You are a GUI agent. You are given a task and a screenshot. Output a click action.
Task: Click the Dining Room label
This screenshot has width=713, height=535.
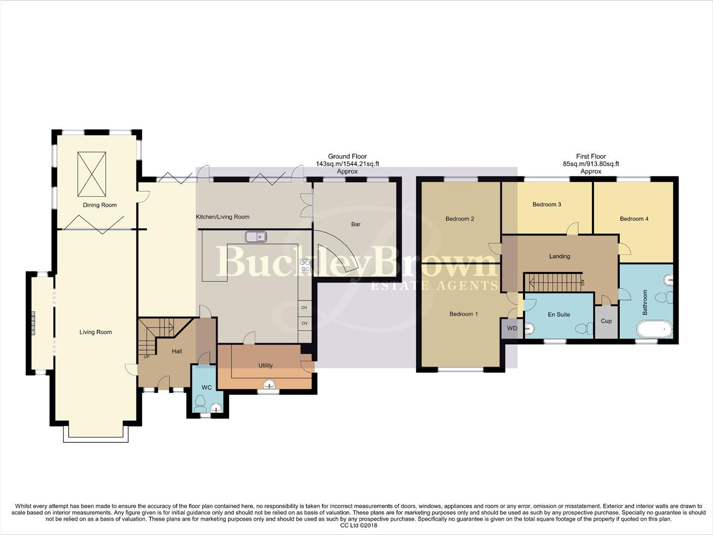pos(99,205)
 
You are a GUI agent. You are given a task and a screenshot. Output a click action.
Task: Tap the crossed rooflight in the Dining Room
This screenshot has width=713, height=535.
pos(92,174)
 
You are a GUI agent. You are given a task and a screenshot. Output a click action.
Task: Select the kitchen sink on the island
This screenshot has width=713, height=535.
pos(256,237)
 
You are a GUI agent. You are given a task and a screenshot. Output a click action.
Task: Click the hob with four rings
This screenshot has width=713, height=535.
pos(305,266)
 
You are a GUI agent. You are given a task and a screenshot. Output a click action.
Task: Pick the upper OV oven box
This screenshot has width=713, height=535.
pos(304,308)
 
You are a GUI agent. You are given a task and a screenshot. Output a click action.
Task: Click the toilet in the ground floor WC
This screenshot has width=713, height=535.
pos(200,404)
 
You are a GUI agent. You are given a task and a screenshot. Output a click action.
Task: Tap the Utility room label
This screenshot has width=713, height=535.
pos(265,366)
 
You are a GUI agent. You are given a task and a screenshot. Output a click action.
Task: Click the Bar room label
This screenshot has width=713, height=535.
pos(356,224)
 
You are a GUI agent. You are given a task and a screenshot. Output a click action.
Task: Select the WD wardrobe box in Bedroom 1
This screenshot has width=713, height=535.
pos(512,328)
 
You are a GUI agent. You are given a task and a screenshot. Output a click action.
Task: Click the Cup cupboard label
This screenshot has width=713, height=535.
pos(606,321)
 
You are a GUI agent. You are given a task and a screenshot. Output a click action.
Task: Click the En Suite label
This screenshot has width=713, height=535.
pos(559,315)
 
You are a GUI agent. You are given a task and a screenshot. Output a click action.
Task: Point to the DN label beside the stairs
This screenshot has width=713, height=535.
pos(582,283)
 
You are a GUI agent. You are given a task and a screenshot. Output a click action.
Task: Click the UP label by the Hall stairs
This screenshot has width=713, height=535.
pos(146,357)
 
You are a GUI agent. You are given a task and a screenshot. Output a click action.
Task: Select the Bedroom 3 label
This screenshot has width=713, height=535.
pos(546,205)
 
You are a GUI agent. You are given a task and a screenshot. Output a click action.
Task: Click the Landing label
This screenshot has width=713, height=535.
pos(560,257)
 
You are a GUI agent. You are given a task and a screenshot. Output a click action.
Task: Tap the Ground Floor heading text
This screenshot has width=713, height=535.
pos(347,157)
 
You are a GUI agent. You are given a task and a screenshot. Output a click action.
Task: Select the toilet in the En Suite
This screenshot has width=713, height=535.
pos(583,328)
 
